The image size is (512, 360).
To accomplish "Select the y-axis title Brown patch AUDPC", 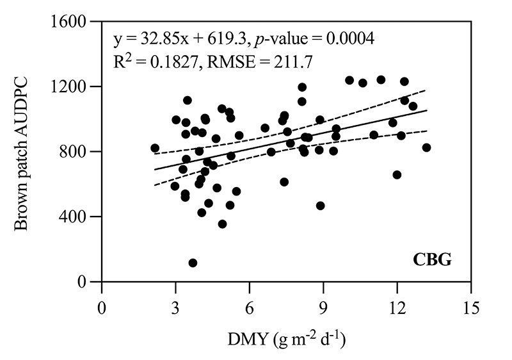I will click(22, 152).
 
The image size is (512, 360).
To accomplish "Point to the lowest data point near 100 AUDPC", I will click(193, 263).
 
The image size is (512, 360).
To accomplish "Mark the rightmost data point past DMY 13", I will click(427, 147).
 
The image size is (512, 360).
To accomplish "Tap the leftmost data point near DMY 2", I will click(155, 148).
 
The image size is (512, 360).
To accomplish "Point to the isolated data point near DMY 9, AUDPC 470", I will click(320, 206).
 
